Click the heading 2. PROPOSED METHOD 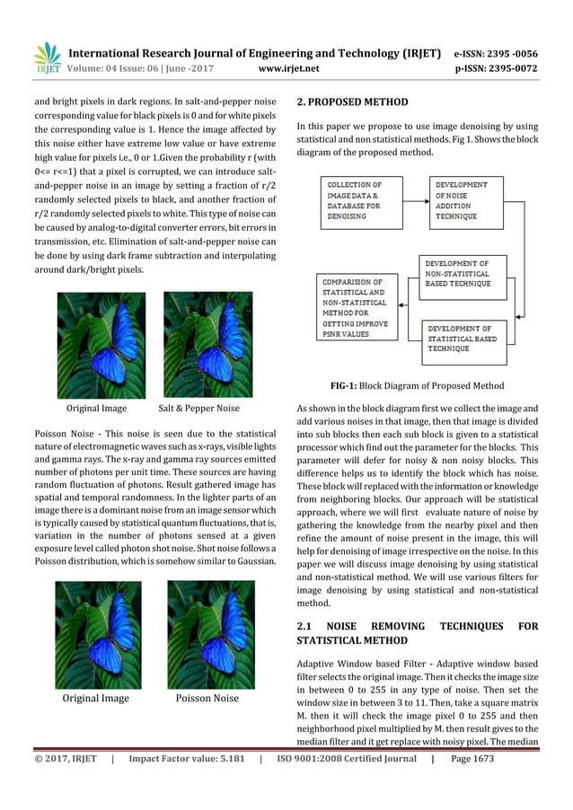pyautogui.click(x=352, y=101)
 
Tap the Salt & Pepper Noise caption pyautogui.click(x=198, y=409)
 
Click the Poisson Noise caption pyautogui.click(x=207, y=698)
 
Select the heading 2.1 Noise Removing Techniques pyautogui.click(x=417, y=632)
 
